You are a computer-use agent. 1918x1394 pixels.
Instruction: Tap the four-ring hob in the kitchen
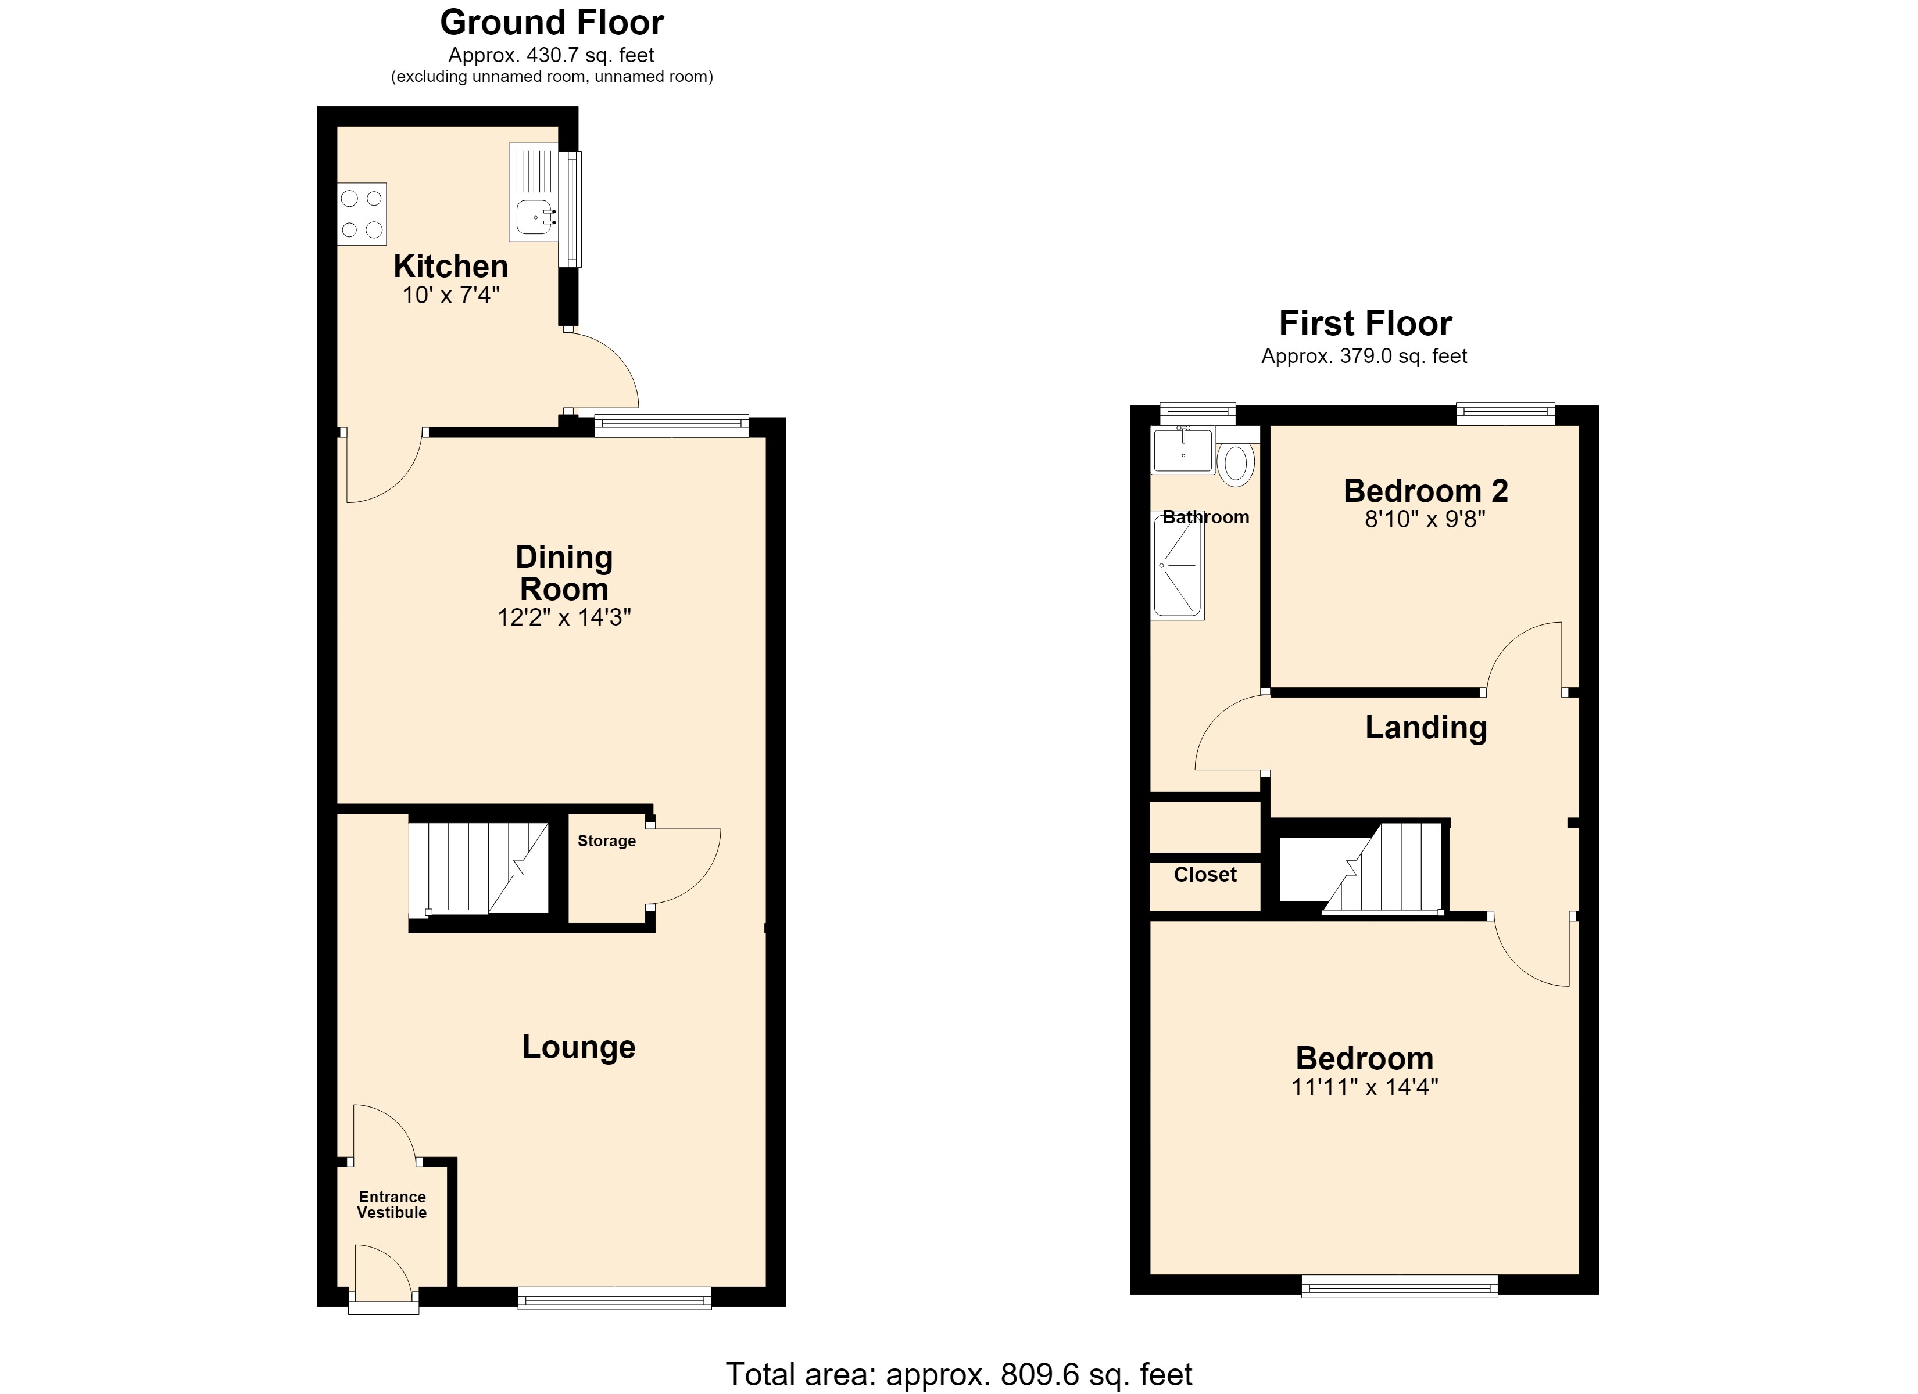362,214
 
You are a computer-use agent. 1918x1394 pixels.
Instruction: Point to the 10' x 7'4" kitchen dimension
451,295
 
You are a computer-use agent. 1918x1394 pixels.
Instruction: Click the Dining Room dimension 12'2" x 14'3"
564,617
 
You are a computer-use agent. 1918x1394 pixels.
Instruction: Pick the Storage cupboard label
606,840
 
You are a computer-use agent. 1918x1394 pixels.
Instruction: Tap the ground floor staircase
479,868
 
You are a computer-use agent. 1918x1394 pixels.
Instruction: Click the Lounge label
578,1047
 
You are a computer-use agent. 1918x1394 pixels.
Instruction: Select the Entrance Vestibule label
392,1205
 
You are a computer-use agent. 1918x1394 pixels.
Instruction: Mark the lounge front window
615,1298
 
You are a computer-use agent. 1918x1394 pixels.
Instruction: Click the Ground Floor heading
552,23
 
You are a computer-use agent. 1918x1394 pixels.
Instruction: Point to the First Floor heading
1365,323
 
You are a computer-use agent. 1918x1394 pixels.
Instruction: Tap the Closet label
1205,874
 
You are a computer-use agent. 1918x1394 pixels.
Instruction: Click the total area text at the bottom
959,1374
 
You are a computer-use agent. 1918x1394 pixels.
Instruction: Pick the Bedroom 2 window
1505,414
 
